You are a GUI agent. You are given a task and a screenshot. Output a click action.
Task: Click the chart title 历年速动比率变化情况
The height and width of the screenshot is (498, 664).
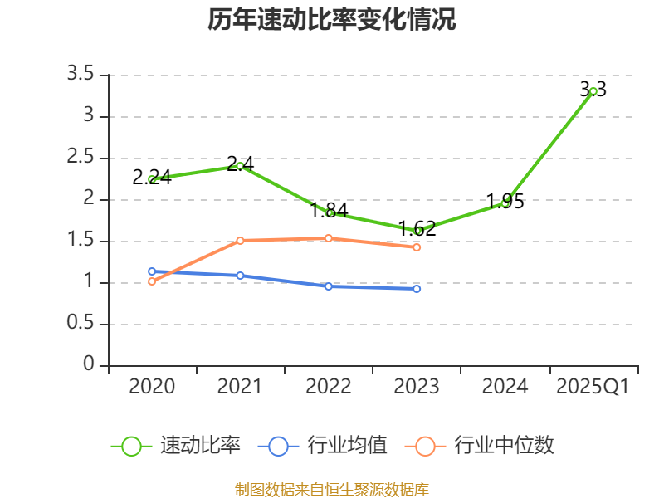[x=332, y=20]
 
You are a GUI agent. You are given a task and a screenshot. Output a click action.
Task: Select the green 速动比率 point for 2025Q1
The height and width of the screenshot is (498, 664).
[x=593, y=91]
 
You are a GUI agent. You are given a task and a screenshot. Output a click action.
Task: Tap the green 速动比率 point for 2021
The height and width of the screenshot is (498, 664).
[x=240, y=166]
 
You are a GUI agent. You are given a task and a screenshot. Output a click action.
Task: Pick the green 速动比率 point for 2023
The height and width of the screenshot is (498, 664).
[x=417, y=231]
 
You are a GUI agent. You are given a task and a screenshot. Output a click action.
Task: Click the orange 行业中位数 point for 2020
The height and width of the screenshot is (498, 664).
[x=152, y=281]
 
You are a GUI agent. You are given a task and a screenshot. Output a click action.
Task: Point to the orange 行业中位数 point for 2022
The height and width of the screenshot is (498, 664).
[x=329, y=238]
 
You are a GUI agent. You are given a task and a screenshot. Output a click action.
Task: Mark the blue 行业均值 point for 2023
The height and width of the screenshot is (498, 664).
[x=417, y=289]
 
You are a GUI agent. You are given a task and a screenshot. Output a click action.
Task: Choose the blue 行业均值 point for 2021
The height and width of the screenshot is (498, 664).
[x=240, y=276]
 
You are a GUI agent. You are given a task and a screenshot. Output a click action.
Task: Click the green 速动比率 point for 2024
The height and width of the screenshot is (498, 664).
[x=505, y=203]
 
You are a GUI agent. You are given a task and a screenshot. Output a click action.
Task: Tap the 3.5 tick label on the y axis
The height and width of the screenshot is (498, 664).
[x=81, y=75]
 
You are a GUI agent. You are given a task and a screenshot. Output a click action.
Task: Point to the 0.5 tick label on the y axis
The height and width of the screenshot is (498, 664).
[x=81, y=324]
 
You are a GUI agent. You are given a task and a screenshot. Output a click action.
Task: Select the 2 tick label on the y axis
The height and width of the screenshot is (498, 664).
[x=89, y=199]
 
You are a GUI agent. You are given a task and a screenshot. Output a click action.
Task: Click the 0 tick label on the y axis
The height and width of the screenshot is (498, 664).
[x=89, y=365]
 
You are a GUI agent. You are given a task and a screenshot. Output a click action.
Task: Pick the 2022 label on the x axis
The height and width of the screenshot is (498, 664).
[x=329, y=387]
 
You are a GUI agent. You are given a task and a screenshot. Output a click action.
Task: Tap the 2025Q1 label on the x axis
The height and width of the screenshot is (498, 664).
[x=593, y=387]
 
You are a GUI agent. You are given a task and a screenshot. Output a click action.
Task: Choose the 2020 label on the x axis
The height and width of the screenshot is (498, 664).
[x=152, y=387]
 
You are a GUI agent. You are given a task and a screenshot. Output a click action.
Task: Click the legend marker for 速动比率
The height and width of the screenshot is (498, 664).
[x=131, y=446]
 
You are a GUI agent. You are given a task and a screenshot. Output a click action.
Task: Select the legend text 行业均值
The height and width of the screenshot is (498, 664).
[x=348, y=446]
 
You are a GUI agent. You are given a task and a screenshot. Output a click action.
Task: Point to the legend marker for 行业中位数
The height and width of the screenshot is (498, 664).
[x=425, y=446]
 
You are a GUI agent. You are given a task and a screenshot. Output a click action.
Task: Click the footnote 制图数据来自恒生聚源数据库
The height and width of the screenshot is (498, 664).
[x=332, y=489]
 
